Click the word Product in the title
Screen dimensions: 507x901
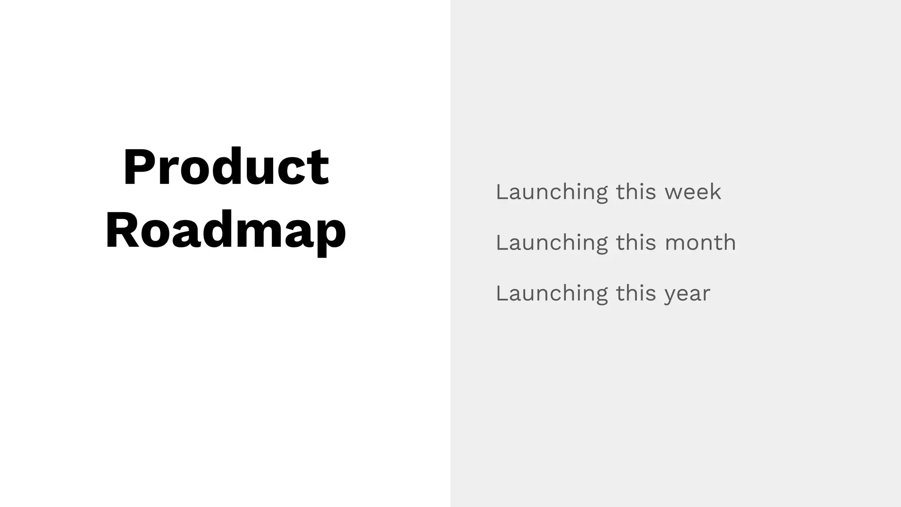[226, 167]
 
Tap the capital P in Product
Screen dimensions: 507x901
[138, 167]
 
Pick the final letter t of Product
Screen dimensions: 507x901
[319, 169]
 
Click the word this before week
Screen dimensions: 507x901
[636, 192]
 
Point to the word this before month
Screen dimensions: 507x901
[636, 242]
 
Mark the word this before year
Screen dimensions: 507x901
[636, 293]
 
